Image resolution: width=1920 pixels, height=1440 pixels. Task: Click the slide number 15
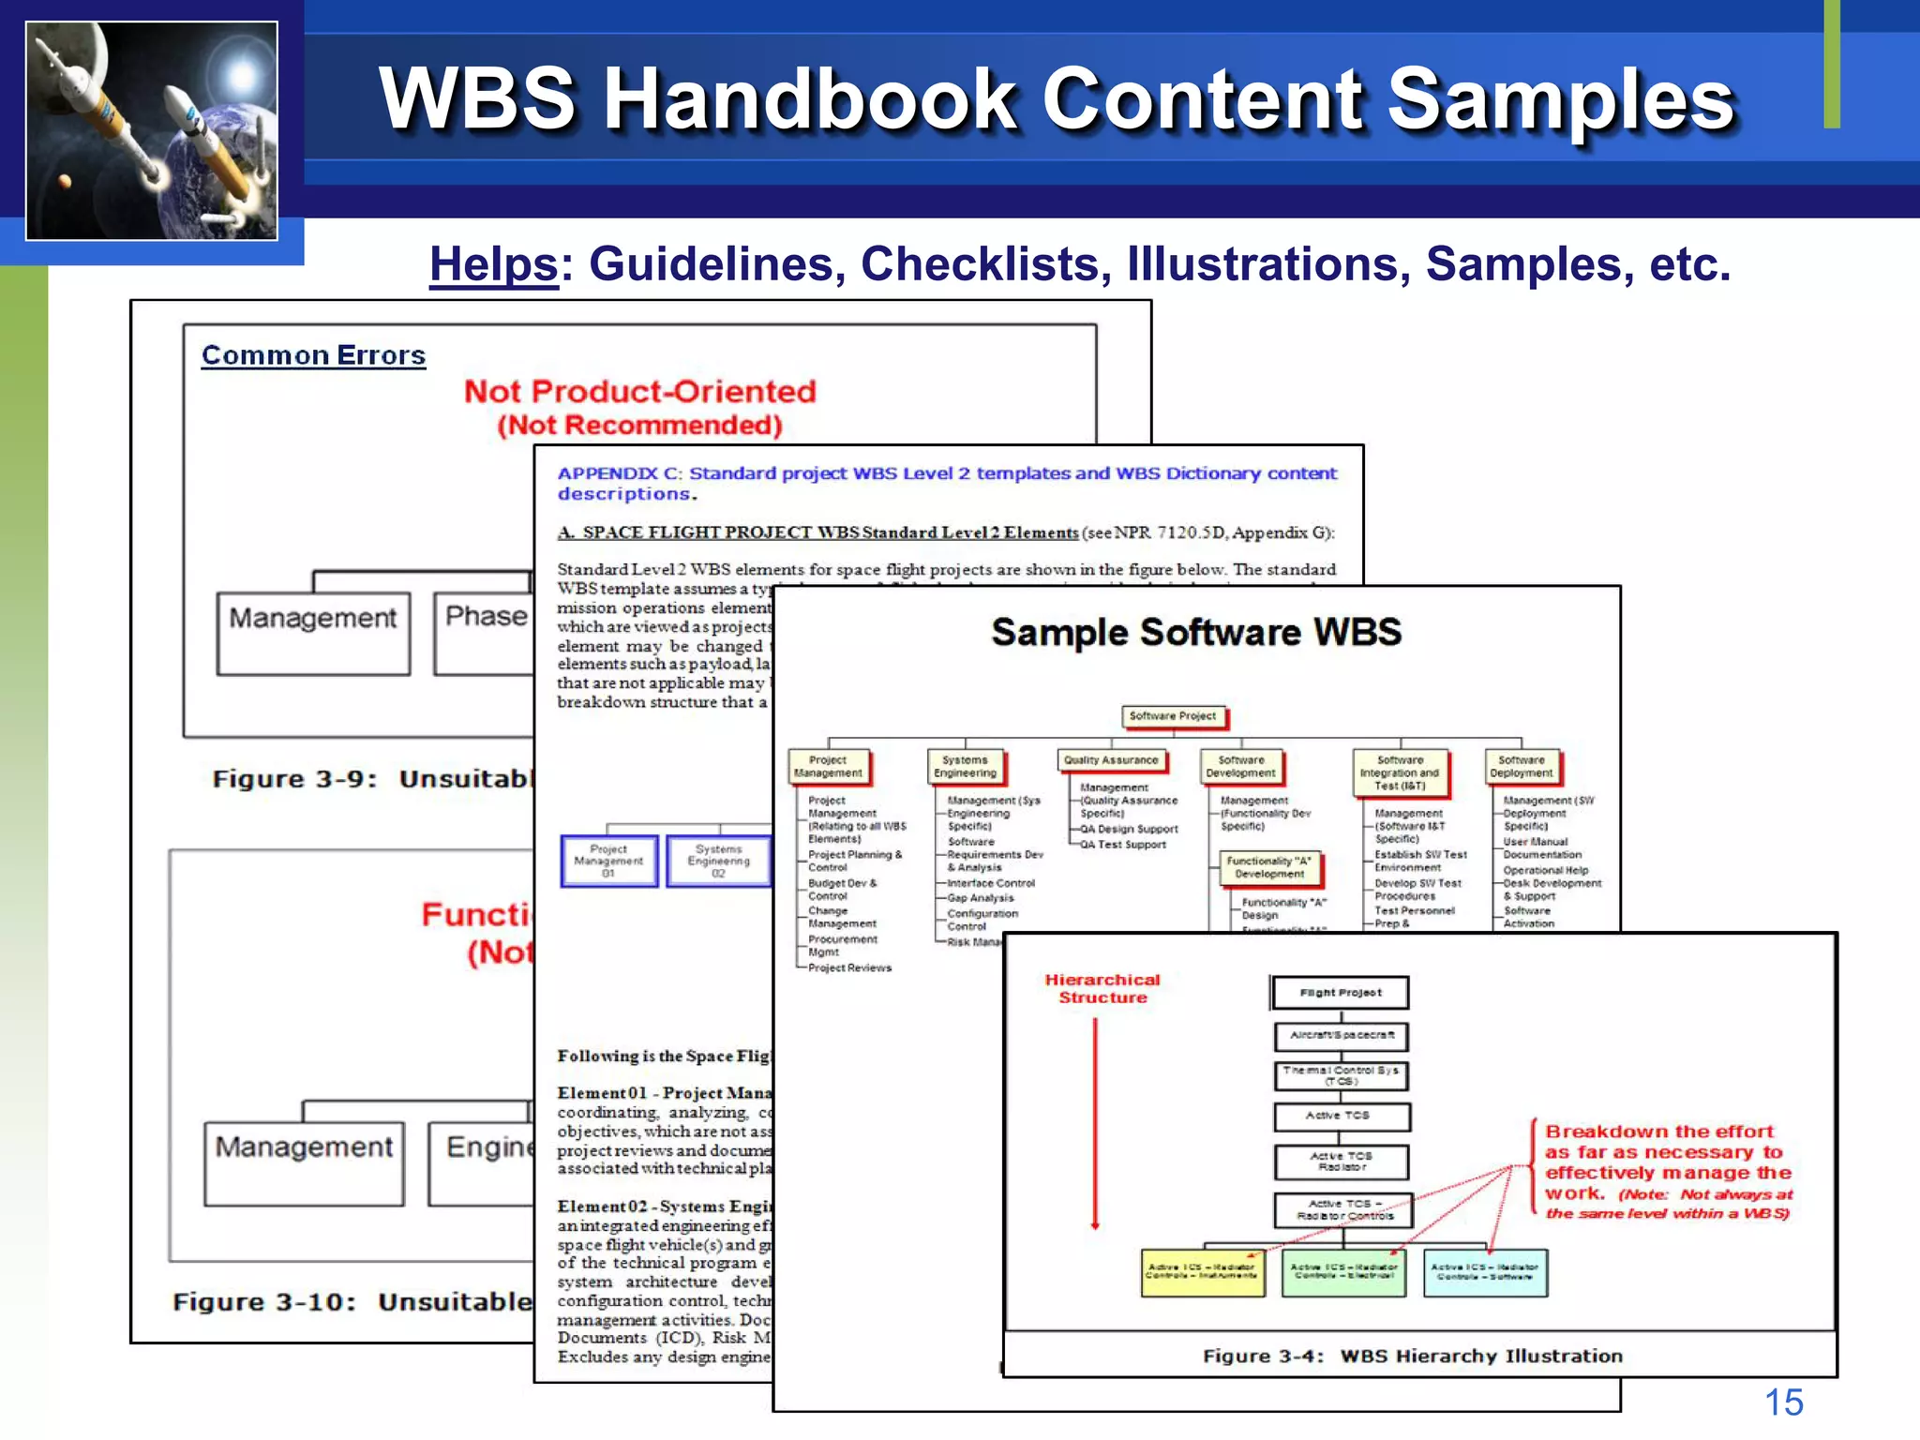click(1783, 1402)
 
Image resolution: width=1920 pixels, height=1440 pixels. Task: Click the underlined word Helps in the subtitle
click(493, 264)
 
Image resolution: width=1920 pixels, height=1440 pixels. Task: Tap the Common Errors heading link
click(313, 355)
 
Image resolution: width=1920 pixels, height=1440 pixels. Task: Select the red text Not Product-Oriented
click(639, 391)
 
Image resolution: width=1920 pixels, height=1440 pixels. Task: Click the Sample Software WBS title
click(1196, 633)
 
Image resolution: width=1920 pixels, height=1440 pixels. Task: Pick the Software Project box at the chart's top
click(1173, 716)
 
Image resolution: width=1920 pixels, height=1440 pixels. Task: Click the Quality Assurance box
click(1112, 760)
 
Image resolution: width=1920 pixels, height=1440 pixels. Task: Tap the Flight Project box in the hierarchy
click(1341, 993)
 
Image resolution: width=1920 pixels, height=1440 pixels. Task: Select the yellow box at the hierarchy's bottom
click(1203, 1272)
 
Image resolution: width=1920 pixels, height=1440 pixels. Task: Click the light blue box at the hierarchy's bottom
click(1485, 1272)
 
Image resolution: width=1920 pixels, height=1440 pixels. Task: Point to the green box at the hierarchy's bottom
click(1343, 1272)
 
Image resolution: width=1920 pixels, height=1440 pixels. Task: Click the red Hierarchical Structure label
click(1102, 988)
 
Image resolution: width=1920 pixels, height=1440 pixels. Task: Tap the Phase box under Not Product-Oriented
click(485, 632)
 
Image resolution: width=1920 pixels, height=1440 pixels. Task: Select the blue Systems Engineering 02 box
click(718, 861)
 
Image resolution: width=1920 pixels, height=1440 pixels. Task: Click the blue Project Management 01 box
click(609, 861)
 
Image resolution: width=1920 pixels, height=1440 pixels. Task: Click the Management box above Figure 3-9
click(313, 633)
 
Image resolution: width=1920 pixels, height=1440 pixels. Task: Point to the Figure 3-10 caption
click(352, 1302)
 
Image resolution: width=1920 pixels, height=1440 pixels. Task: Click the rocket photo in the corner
click(152, 131)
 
